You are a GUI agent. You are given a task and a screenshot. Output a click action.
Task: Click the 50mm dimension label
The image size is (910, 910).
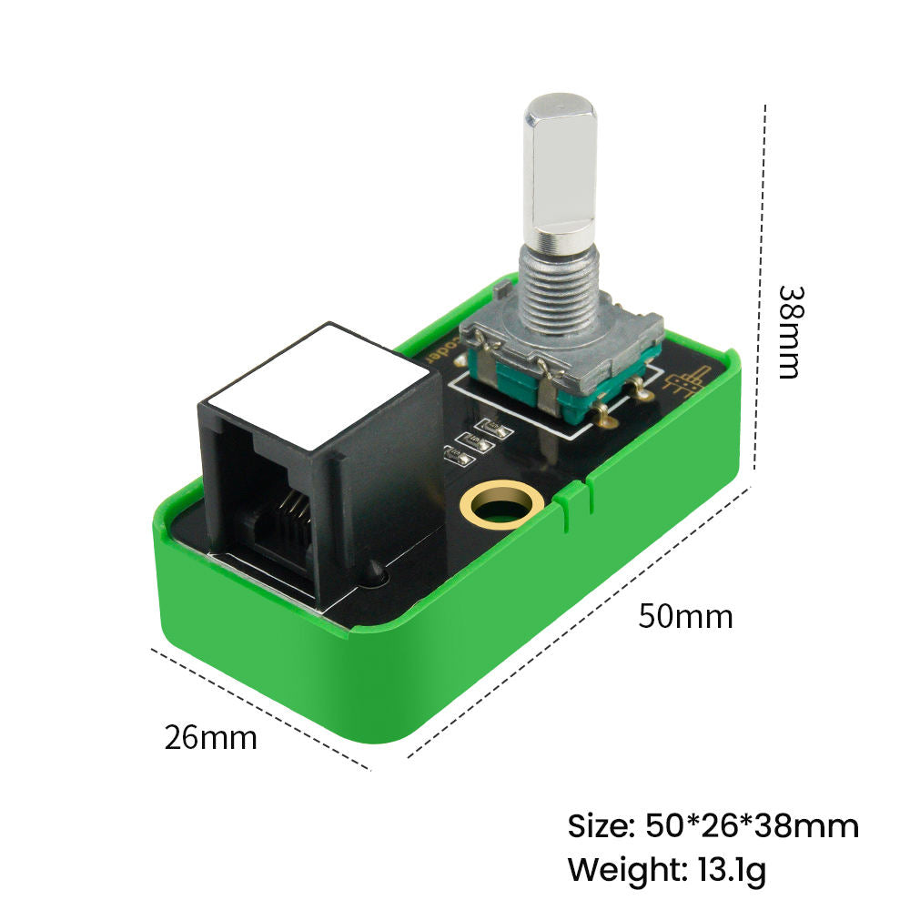click(x=684, y=616)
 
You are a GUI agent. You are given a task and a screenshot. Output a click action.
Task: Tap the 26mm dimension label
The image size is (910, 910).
click(x=210, y=737)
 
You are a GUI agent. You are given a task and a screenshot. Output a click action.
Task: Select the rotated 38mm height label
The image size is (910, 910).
click(x=789, y=332)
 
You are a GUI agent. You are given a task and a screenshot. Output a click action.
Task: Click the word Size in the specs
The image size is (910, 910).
click(x=600, y=826)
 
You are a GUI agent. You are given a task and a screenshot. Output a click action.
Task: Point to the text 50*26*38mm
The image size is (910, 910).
click(x=752, y=826)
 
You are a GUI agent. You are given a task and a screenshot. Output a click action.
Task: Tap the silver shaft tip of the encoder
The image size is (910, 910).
click(x=560, y=168)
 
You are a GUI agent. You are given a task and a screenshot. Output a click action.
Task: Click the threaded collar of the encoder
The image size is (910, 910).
click(x=558, y=282)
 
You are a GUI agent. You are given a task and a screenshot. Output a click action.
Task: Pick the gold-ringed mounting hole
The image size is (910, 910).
click(x=502, y=503)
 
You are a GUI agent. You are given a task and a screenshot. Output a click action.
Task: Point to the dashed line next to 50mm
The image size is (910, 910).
click(x=582, y=619)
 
